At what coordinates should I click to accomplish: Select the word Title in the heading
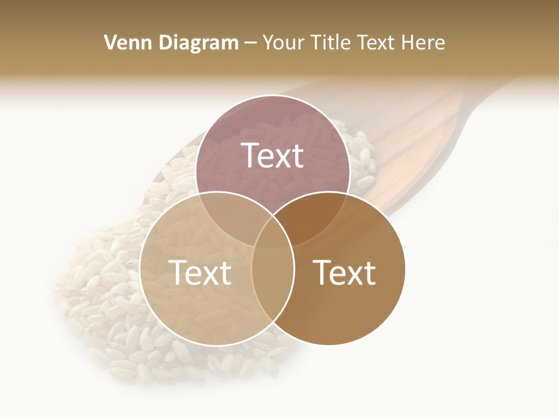[x=331, y=42]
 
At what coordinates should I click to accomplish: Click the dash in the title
[x=250, y=43]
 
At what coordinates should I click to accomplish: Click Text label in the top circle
[x=273, y=155]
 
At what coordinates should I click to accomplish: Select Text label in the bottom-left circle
[x=199, y=272]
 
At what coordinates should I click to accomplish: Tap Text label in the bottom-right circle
[x=345, y=272]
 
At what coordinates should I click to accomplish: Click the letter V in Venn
[x=109, y=42]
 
